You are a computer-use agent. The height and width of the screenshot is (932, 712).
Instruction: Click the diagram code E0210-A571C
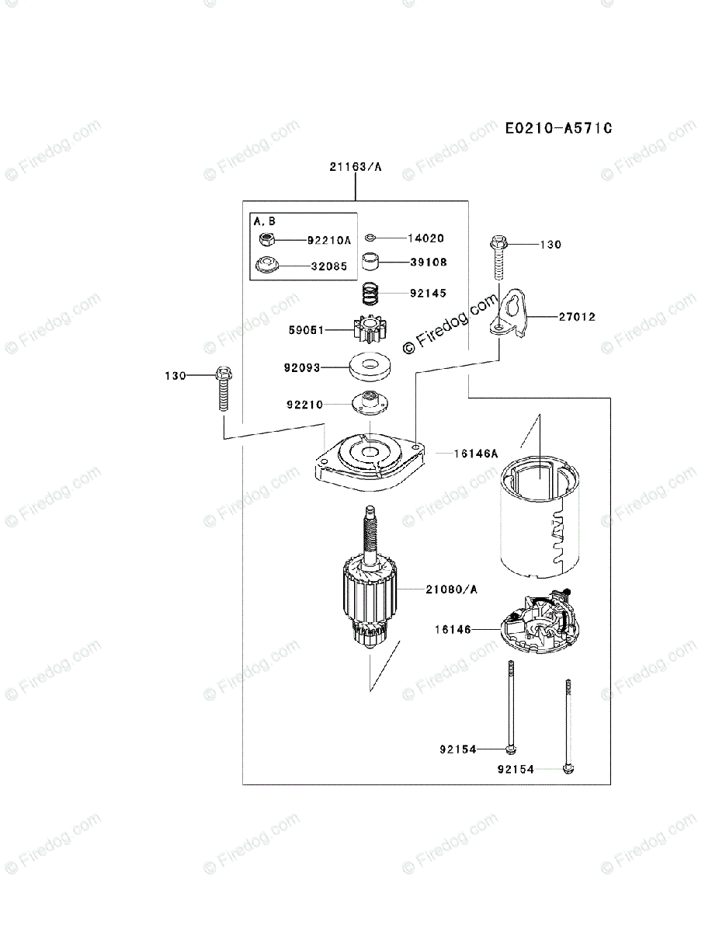coord(558,127)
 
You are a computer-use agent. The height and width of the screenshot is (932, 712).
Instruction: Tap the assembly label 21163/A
coord(356,167)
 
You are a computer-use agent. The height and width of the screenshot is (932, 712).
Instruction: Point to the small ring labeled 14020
coord(372,238)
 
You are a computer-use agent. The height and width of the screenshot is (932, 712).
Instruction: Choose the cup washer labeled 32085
coord(266,266)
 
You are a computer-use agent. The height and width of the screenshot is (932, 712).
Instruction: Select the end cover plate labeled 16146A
coord(370,466)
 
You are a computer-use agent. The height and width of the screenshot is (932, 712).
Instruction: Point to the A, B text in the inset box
coord(265,221)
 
